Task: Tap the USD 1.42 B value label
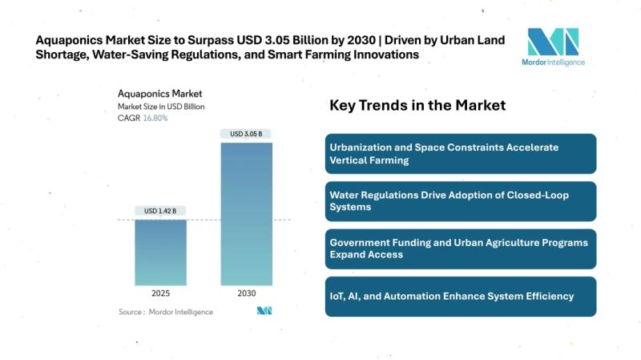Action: point(160,211)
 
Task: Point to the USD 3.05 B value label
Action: point(246,134)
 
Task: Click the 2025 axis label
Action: point(160,293)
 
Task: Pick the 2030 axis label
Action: point(246,293)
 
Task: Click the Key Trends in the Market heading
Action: point(417,105)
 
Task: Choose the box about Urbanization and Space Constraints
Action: point(462,153)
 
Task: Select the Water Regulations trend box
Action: point(462,200)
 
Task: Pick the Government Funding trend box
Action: point(462,249)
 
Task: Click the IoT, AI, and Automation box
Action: point(462,296)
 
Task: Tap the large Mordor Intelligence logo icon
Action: point(553,42)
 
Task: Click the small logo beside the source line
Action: point(264,310)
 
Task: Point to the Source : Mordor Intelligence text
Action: point(166,311)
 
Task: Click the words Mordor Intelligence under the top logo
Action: point(554,63)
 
